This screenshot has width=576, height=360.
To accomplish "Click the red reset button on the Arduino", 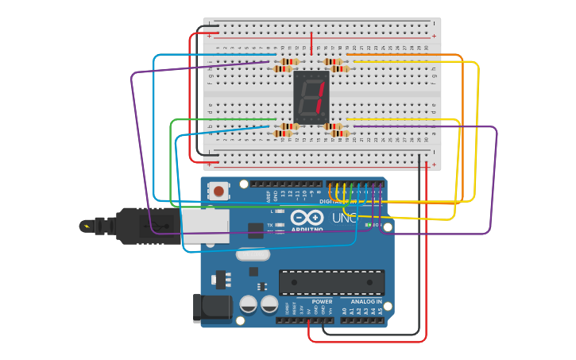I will [x=218, y=192].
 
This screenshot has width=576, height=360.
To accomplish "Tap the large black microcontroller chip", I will [x=331, y=282].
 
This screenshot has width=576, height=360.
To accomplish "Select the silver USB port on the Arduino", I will [x=205, y=226].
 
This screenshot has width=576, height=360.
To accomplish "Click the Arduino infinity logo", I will [x=306, y=219].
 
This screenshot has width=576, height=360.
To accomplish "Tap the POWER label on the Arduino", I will [x=322, y=302].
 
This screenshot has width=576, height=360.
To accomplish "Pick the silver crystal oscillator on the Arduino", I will [x=253, y=255].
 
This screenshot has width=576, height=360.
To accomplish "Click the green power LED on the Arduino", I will [x=366, y=225].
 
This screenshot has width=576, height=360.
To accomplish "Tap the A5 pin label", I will [x=381, y=311].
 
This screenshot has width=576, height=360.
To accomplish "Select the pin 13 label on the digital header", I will [x=282, y=194].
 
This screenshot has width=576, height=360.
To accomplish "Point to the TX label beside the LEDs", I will [x=270, y=225].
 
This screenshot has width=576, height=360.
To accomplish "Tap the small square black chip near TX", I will [x=255, y=230].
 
